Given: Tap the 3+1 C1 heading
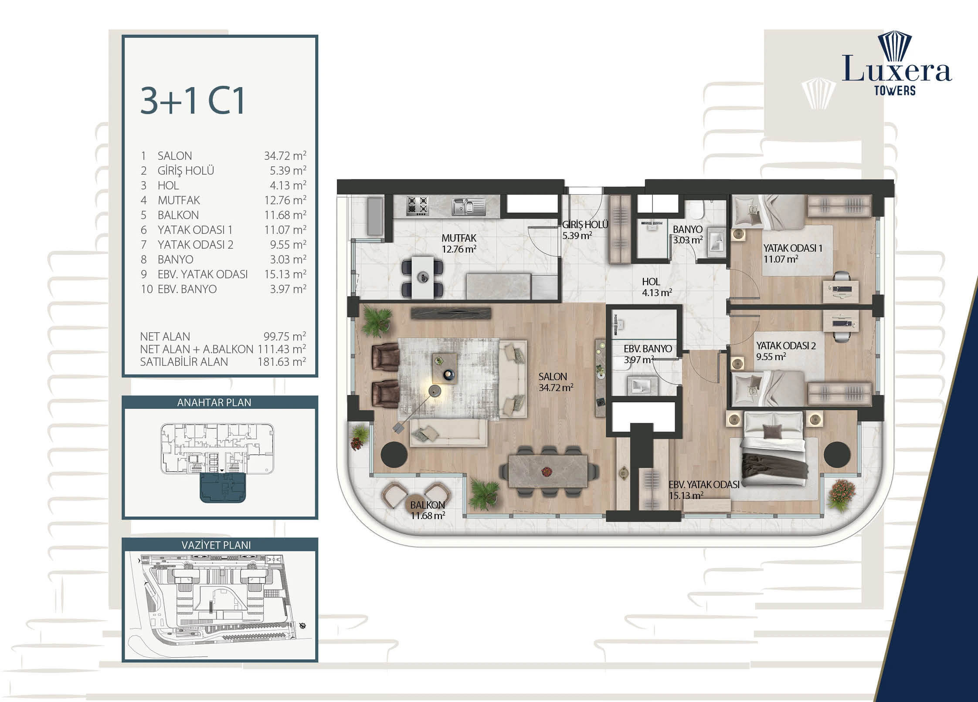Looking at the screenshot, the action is point(193,101).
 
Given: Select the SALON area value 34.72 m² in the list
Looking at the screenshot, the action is point(285,155).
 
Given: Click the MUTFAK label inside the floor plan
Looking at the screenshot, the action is point(459,238).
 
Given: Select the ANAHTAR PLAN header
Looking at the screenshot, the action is point(214,402).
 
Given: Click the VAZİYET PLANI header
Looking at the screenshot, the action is point(216,545).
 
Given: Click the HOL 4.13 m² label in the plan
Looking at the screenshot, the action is point(657,287).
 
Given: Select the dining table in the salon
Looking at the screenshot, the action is point(548,471).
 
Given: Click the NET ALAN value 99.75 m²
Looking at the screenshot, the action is point(285,336).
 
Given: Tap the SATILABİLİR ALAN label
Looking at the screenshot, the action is point(184,362).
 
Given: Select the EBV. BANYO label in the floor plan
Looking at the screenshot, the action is point(648,349).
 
